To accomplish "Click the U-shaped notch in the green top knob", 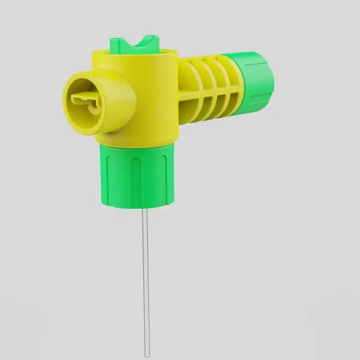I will coord(141,43).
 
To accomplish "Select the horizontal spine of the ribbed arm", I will coord(210,93).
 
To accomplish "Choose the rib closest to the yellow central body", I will coord(188,90).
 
